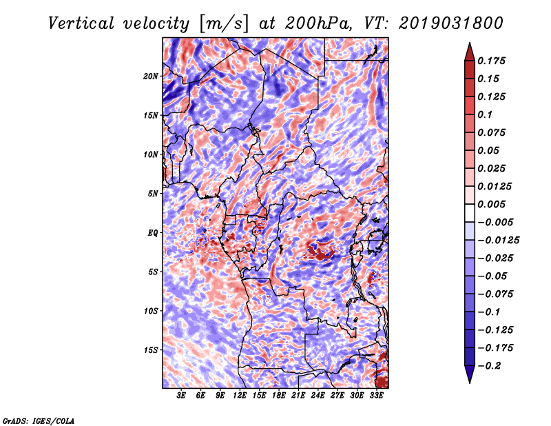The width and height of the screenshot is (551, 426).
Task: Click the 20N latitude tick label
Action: point(151,77)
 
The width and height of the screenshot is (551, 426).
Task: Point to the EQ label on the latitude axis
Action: point(153,233)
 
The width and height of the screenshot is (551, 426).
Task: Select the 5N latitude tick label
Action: point(153,194)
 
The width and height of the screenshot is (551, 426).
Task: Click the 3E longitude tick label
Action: point(181,395)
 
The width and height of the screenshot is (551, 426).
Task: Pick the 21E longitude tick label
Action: point(298,395)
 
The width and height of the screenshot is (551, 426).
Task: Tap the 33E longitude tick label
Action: point(376,395)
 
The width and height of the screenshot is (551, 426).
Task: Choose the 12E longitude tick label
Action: point(240,395)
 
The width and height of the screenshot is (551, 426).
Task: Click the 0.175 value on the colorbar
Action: point(491,61)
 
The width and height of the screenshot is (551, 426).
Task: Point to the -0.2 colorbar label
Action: point(490,366)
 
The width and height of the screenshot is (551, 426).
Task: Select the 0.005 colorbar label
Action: point(491,204)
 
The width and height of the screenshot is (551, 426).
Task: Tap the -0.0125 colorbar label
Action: point(498,241)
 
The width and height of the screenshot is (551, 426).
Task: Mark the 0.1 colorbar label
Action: point(485,114)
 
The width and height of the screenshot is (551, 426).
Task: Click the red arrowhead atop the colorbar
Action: point(470,52)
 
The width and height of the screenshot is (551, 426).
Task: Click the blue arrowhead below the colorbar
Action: point(470,374)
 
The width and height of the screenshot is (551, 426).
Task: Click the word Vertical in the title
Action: point(81,23)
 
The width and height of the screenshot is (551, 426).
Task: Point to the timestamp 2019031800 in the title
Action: point(451,23)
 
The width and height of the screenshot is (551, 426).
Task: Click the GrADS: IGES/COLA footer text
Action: point(39,420)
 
